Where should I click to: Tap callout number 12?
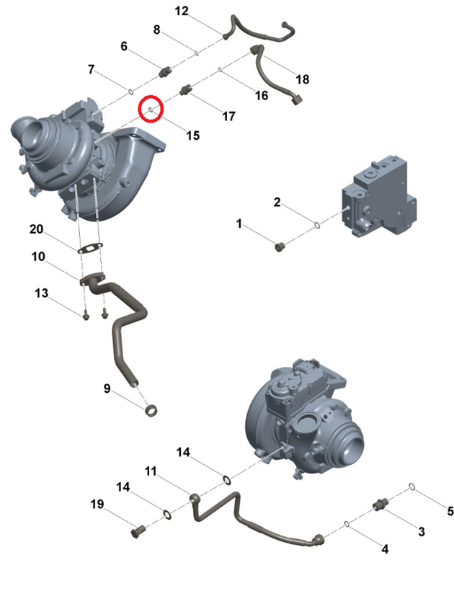[x=182, y=11]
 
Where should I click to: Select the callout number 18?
[x=303, y=79]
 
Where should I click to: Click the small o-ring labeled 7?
[x=130, y=92]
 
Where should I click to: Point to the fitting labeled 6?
[x=166, y=71]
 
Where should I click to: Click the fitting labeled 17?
[x=185, y=90]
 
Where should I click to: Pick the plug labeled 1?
[x=280, y=247]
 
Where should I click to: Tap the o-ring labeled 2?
[x=317, y=226]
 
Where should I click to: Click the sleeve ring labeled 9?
[x=152, y=411]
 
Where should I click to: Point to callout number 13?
[x=41, y=293]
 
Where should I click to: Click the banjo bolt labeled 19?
[x=138, y=531]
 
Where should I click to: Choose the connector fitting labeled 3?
[x=380, y=505]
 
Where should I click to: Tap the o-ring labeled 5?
[x=411, y=486]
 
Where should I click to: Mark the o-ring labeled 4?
[x=347, y=524]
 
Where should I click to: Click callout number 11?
[x=151, y=471]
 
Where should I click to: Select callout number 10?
[x=38, y=257]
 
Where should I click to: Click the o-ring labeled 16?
[x=221, y=69]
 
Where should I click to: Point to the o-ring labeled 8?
[x=196, y=53]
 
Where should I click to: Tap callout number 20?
[x=36, y=229]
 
